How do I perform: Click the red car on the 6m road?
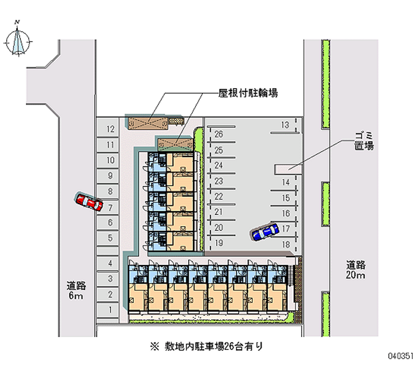[89, 202]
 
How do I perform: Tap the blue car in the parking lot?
[265, 232]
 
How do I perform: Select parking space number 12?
[108, 129]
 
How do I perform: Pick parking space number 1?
[108, 310]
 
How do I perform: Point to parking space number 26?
[220, 135]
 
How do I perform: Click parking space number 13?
[285, 125]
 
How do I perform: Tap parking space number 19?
[220, 243]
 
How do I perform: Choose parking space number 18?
[285, 244]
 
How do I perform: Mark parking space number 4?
[108, 263]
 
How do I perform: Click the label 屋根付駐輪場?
[248, 93]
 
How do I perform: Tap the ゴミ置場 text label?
[364, 141]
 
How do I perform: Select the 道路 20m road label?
[355, 270]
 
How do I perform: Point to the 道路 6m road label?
[76, 290]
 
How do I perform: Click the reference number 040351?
[400, 356]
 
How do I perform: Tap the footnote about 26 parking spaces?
[206, 346]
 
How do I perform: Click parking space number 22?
[220, 197]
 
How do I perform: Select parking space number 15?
[285, 198]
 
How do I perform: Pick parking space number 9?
[108, 176]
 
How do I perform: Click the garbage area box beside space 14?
[288, 169]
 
